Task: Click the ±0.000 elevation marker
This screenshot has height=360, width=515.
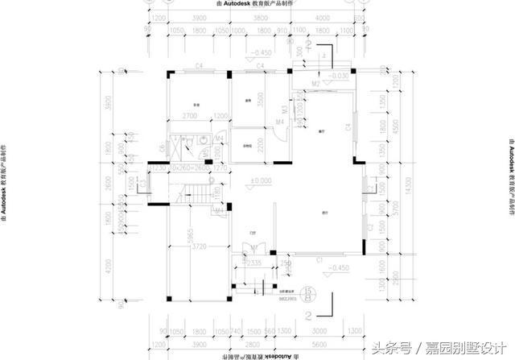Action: pos(261,181)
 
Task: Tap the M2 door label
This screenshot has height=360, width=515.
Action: pos(316,83)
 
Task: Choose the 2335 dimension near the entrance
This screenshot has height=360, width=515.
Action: pos(250,262)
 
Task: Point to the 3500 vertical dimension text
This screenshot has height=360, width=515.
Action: pos(261,99)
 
